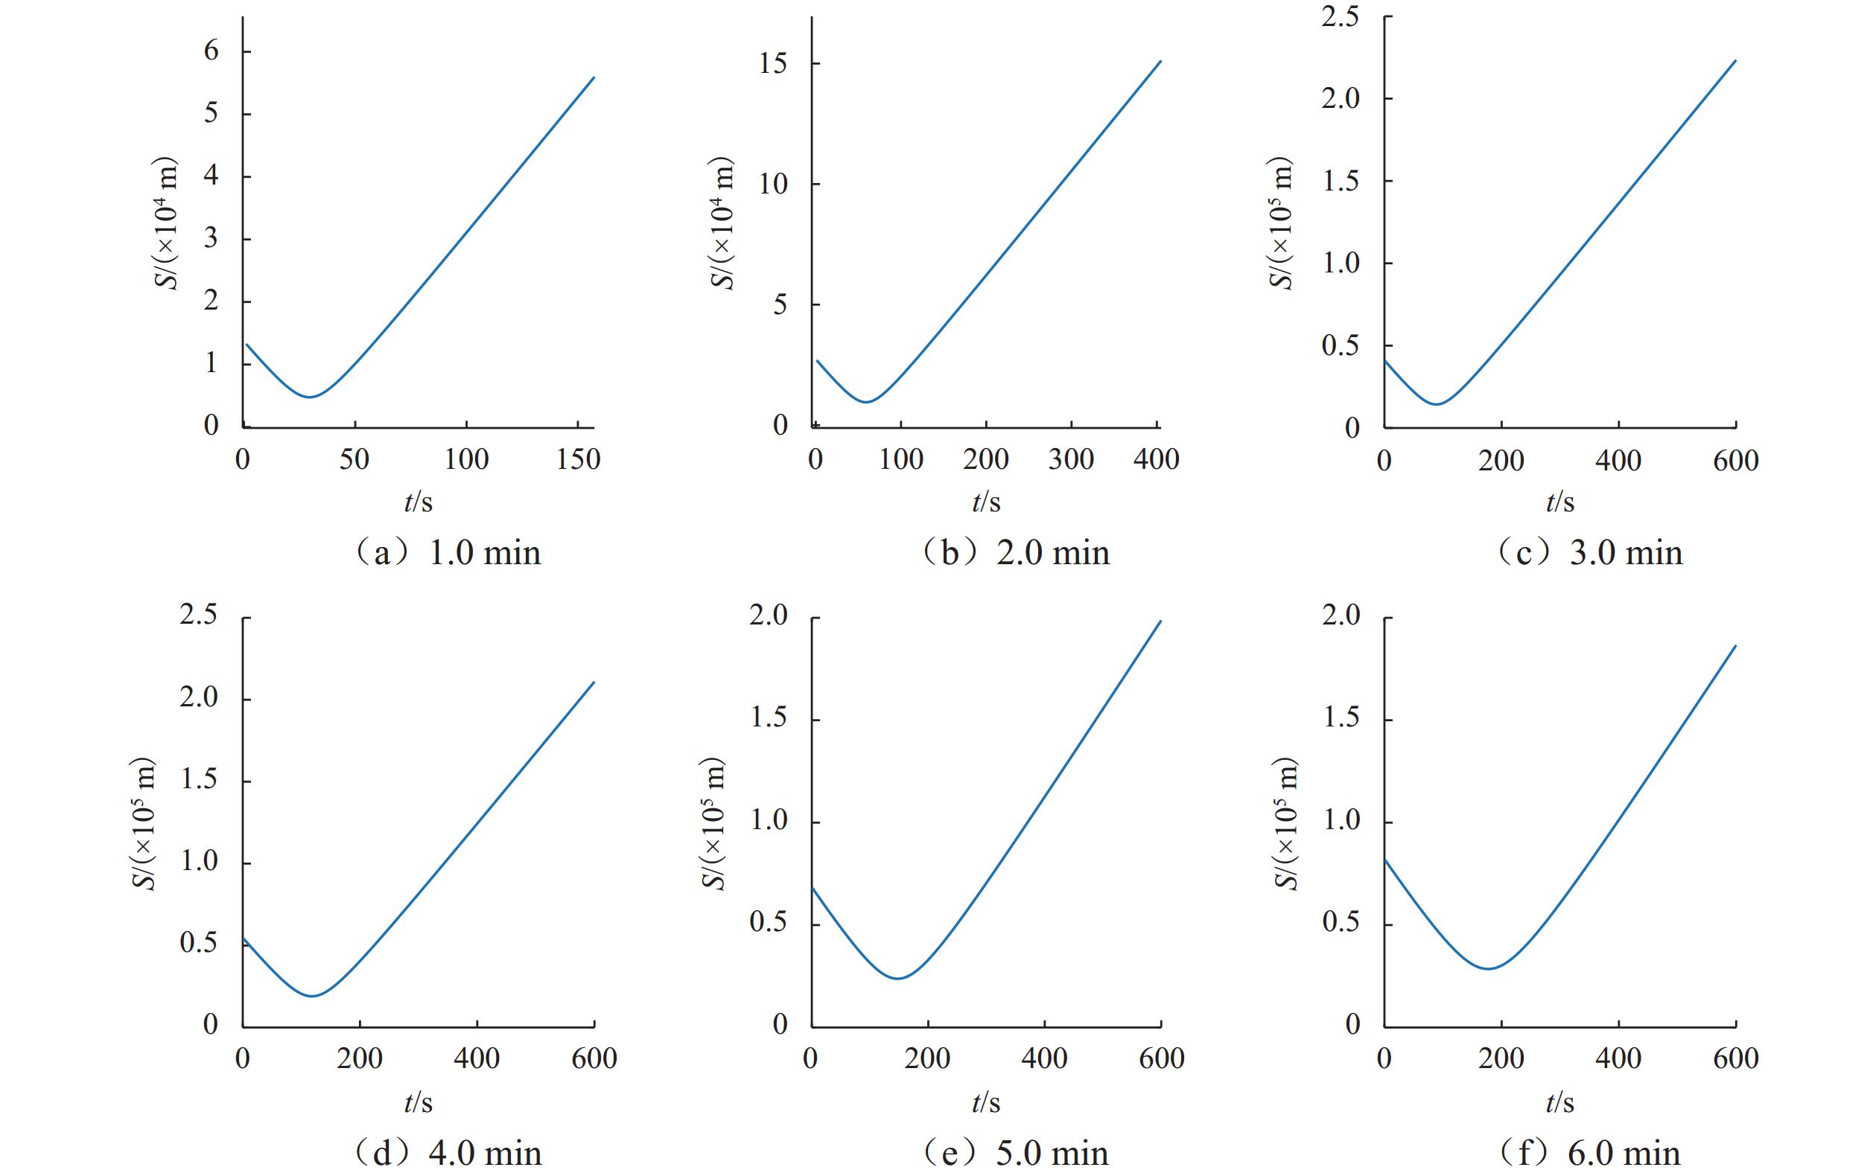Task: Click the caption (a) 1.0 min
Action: (x=448, y=553)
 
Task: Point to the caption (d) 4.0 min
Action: (x=448, y=1153)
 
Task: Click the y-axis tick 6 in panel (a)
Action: (x=211, y=52)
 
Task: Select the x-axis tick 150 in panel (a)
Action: (x=578, y=460)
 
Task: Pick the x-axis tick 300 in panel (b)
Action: (x=1071, y=460)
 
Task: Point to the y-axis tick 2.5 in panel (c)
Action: (x=1340, y=17)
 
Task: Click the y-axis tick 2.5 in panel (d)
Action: (x=198, y=617)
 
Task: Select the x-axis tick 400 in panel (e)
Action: (x=1044, y=1058)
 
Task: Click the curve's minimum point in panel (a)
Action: (x=310, y=397)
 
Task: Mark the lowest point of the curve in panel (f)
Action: (x=1488, y=968)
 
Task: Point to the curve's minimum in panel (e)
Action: (x=898, y=979)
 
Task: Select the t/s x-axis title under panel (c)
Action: (x=1559, y=502)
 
